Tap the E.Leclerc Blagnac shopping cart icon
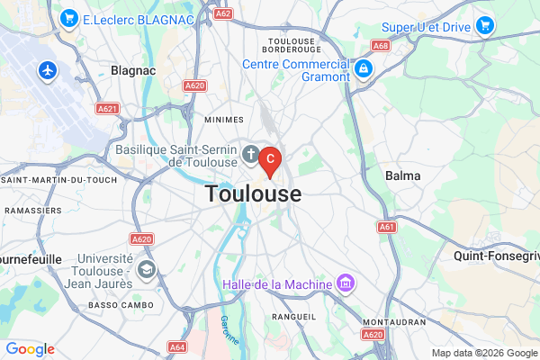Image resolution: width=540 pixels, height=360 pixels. [x=67, y=18]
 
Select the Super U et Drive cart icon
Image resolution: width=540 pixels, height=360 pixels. [x=485, y=25]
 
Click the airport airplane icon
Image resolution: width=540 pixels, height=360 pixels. [x=48, y=69]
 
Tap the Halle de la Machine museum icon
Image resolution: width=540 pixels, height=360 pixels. [x=344, y=284]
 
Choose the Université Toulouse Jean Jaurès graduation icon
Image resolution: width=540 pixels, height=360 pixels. [x=146, y=269]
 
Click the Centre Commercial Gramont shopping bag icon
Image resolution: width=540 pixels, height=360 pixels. [x=364, y=68]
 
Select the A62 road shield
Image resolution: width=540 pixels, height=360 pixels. [x=224, y=13]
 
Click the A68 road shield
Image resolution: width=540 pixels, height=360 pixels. [x=381, y=45]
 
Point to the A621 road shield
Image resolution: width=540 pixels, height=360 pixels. [x=107, y=108]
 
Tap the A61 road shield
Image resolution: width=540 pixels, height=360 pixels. [x=387, y=227]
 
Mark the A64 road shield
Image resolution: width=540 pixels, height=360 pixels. [x=177, y=346]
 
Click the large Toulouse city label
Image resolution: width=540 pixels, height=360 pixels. [x=253, y=193]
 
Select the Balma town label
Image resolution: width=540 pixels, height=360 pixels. [x=402, y=175]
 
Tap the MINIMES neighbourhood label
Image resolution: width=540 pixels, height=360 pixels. [x=223, y=119]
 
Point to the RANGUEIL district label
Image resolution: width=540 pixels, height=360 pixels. [x=293, y=317]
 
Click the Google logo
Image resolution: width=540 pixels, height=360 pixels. [x=30, y=349]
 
